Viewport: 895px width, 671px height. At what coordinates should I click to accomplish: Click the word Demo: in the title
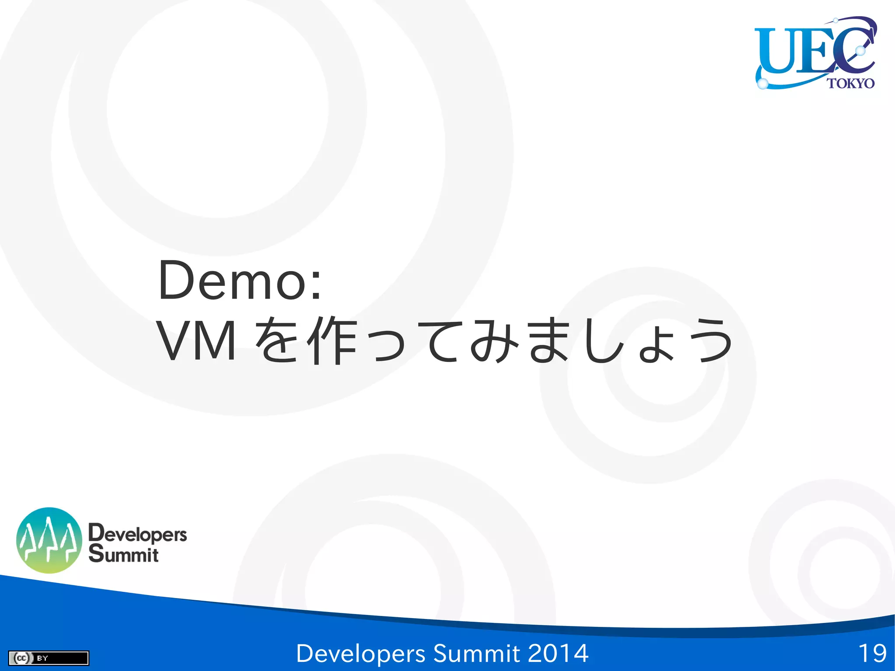pyautogui.click(x=240, y=281)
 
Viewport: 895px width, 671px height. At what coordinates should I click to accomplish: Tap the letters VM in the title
pyautogui.click(x=196, y=341)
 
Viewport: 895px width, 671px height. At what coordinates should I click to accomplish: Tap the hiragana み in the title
pyautogui.click(x=494, y=341)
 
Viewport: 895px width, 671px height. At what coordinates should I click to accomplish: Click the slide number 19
pyautogui.click(x=872, y=654)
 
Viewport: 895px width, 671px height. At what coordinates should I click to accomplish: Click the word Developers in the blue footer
pyautogui.click(x=361, y=654)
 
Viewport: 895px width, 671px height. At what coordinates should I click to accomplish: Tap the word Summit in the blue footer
pyautogui.click(x=476, y=654)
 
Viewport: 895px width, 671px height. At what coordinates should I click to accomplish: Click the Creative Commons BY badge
pyautogui.click(x=49, y=658)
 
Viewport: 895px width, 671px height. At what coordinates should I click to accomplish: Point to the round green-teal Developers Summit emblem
pyautogui.click(x=49, y=540)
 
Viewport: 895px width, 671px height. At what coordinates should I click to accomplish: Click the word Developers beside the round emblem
pyautogui.click(x=138, y=534)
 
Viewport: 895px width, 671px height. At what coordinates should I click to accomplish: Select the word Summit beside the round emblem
pyautogui.click(x=124, y=554)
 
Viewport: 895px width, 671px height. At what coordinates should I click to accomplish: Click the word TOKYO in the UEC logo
pyautogui.click(x=850, y=83)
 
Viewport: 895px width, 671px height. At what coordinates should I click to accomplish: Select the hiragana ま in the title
pyautogui.click(x=549, y=341)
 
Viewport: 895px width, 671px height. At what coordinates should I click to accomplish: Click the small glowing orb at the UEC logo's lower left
pyautogui.click(x=763, y=83)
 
